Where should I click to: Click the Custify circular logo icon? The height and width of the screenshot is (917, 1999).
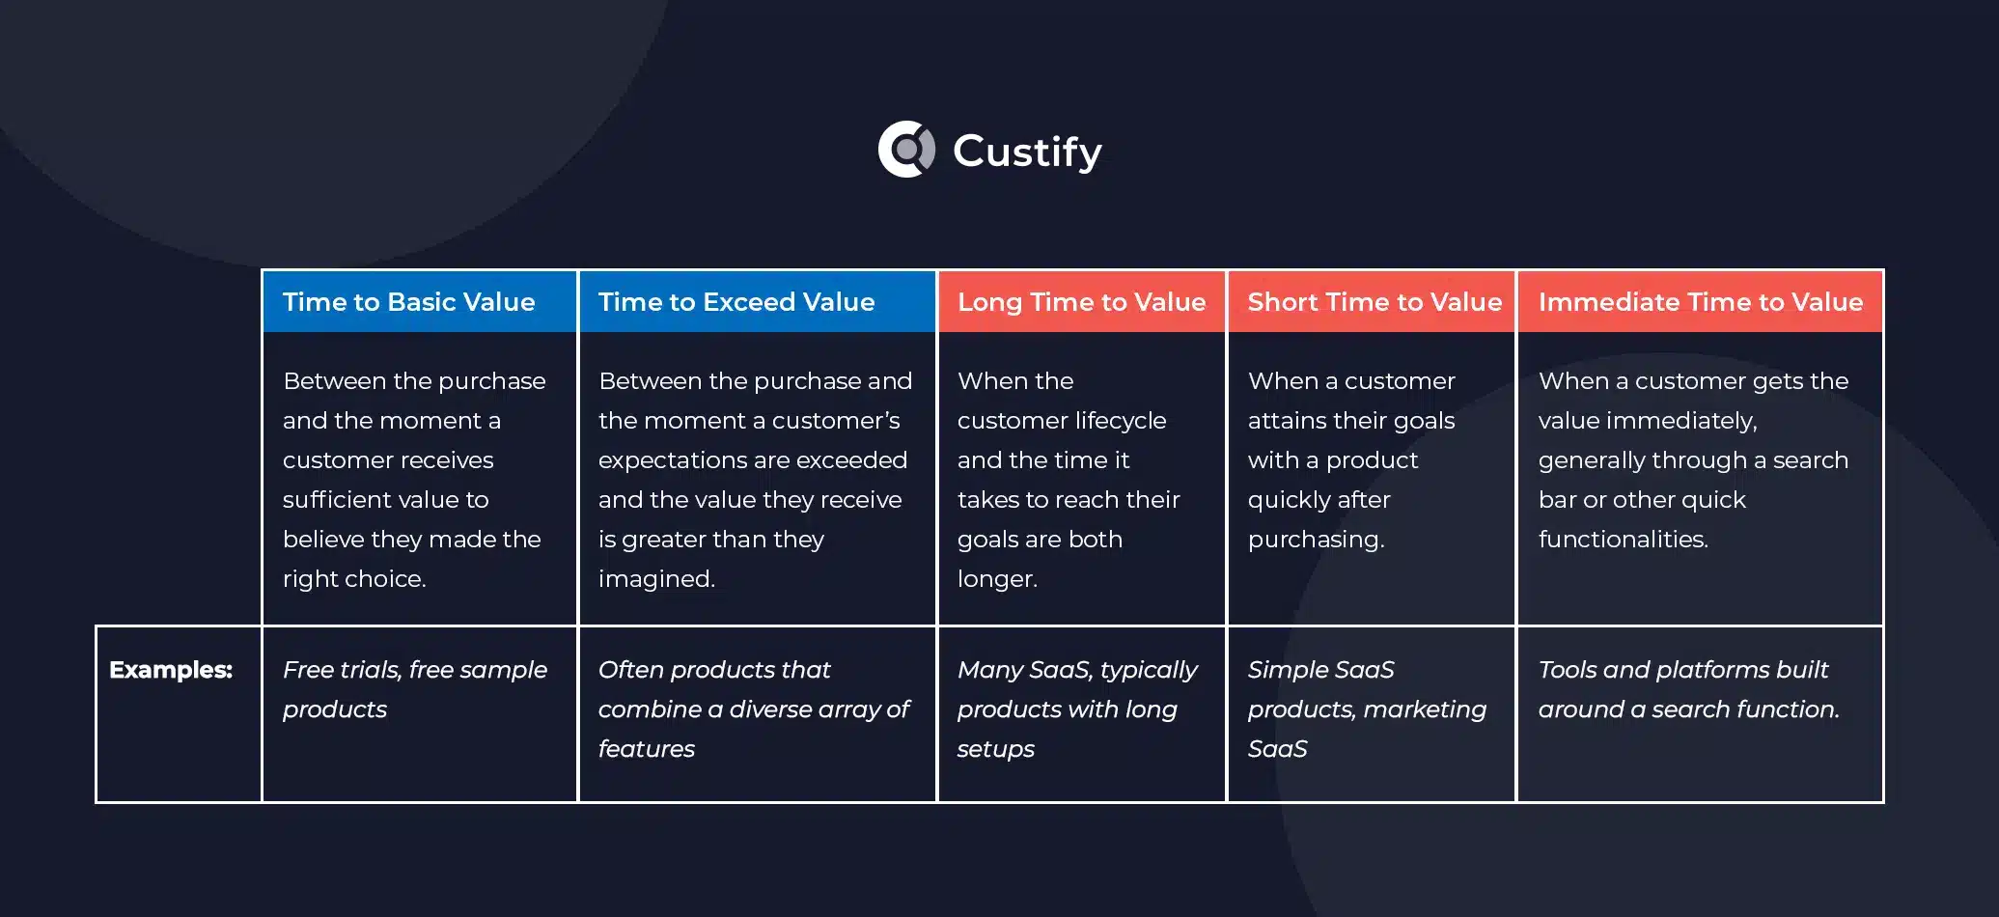[x=906, y=150]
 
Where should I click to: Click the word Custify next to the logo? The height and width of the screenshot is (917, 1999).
[x=1027, y=152]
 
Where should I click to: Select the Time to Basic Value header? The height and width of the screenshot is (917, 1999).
[x=408, y=302]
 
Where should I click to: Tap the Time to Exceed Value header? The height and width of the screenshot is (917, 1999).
[x=736, y=302]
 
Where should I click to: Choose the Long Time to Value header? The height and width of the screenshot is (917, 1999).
[x=1081, y=302]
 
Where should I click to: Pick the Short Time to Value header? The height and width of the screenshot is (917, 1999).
[x=1374, y=302]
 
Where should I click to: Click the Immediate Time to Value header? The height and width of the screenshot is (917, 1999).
[x=1701, y=302]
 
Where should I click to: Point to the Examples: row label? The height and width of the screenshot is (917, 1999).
[x=171, y=670]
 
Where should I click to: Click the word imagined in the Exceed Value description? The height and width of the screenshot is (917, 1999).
[x=656, y=579]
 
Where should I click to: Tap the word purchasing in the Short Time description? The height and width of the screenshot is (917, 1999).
[x=1316, y=540]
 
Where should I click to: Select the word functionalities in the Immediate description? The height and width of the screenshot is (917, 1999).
[x=1623, y=540]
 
